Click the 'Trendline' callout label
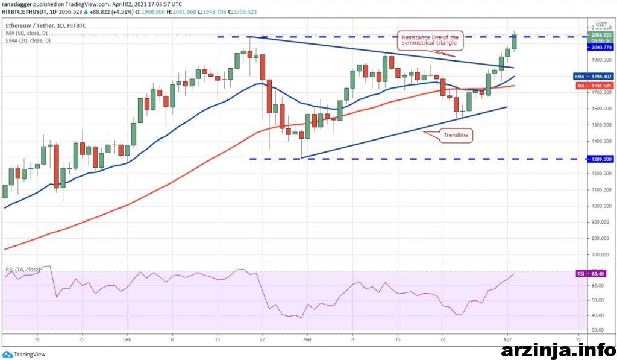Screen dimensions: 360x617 456,136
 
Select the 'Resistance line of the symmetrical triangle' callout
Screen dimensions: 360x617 430,40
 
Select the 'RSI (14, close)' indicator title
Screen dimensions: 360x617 23,270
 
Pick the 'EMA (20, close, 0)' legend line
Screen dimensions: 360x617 28,40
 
